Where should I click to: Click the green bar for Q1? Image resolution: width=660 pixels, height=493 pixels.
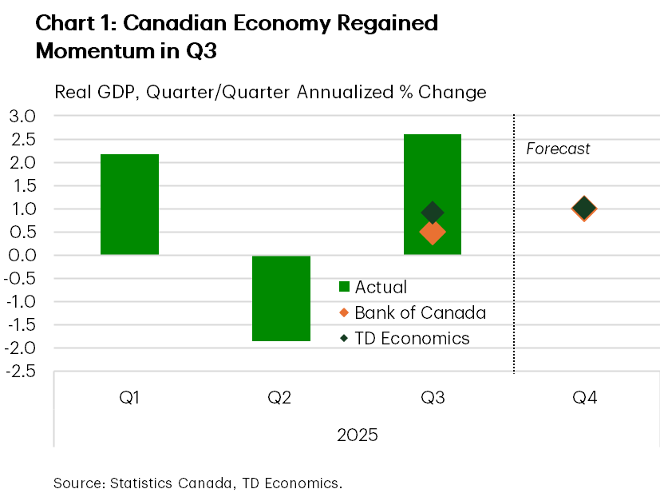click(x=129, y=205)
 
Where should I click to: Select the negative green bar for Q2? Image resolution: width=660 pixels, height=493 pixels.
click(x=281, y=298)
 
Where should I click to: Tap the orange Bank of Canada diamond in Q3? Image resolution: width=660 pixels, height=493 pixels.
click(x=433, y=233)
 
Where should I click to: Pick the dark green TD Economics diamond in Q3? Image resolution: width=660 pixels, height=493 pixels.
click(x=433, y=212)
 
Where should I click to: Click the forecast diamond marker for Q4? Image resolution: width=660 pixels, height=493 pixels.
click(x=583, y=209)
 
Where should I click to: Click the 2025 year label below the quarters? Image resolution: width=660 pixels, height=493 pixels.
click(x=357, y=435)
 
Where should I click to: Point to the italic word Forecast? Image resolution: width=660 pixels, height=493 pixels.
click(x=558, y=149)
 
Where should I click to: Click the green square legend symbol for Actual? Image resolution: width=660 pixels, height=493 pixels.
click(x=344, y=287)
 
